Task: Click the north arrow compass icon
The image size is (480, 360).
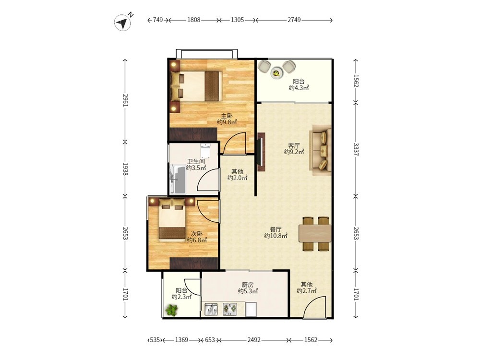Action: click(123, 23)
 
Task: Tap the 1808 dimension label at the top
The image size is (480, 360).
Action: click(193, 20)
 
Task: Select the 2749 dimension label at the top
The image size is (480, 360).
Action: click(294, 20)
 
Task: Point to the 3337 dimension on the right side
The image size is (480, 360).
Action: click(356, 149)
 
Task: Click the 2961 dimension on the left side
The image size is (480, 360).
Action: click(125, 100)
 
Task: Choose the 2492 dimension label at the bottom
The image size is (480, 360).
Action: click(254, 340)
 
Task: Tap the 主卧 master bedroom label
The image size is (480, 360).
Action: click(227, 116)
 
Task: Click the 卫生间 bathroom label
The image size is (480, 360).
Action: click(196, 161)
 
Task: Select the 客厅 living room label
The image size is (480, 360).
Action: click(294, 145)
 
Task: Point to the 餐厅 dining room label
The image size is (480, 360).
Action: click(276, 229)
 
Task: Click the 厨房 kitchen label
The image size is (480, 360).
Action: click(248, 285)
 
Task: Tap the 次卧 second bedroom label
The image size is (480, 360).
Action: click(197, 234)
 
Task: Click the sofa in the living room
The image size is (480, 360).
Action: click(321, 150)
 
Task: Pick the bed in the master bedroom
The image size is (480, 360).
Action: click(196, 86)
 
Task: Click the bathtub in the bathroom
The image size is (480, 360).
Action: click(178, 179)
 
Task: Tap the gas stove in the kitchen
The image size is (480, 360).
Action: click(229, 310)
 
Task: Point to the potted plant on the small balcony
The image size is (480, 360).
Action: click(171, 311)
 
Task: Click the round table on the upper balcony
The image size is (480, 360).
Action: click(277, 73)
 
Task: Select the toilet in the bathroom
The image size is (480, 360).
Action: click(205, 150)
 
